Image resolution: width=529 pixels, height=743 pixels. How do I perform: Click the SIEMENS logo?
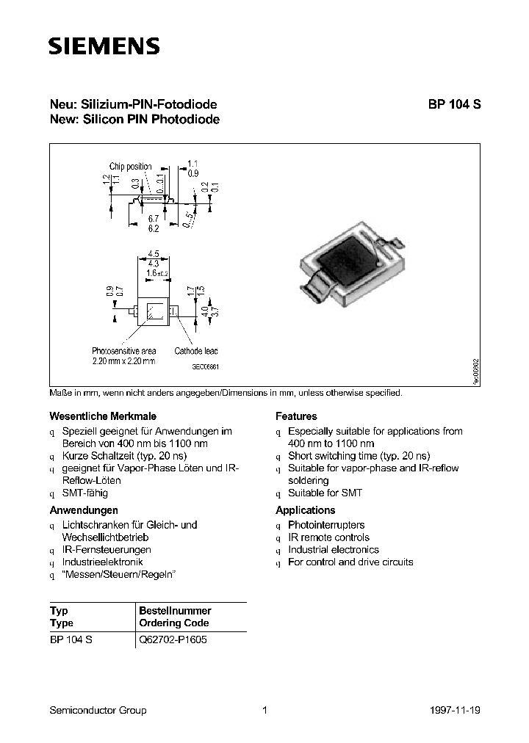click(x=103, y=48)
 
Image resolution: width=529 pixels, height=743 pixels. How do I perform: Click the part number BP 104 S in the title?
click(x=455, y=104)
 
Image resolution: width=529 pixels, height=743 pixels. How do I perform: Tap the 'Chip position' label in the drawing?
click(x=130, y=167)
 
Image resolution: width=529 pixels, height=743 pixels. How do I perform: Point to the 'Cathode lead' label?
click(x=195, y=351)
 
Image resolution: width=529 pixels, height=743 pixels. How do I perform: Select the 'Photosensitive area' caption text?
click(x=124, y=351)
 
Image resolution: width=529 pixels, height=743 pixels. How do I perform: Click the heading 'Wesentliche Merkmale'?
click(x=102, y=416)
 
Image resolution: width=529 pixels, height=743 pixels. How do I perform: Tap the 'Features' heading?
click(x=296, y=416)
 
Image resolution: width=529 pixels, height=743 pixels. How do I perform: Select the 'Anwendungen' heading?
click(x=84, y=510)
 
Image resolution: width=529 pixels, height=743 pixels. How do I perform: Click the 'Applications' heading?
click(x=305, y=510)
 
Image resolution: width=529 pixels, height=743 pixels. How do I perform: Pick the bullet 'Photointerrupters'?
click(x=326, y=525)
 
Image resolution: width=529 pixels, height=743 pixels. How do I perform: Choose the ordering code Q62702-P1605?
click(x=173, y=639)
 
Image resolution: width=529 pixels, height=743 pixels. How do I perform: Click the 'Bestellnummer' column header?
click(x=175, y=611)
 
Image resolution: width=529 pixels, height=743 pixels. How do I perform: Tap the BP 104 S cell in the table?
click(x=71, y=639)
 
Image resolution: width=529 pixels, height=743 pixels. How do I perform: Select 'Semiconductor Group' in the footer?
click(x=98, y=710)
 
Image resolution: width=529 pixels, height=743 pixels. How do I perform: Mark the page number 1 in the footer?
click(x=265, y=710)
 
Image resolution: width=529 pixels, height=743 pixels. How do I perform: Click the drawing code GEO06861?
click(x=206, y=366)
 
